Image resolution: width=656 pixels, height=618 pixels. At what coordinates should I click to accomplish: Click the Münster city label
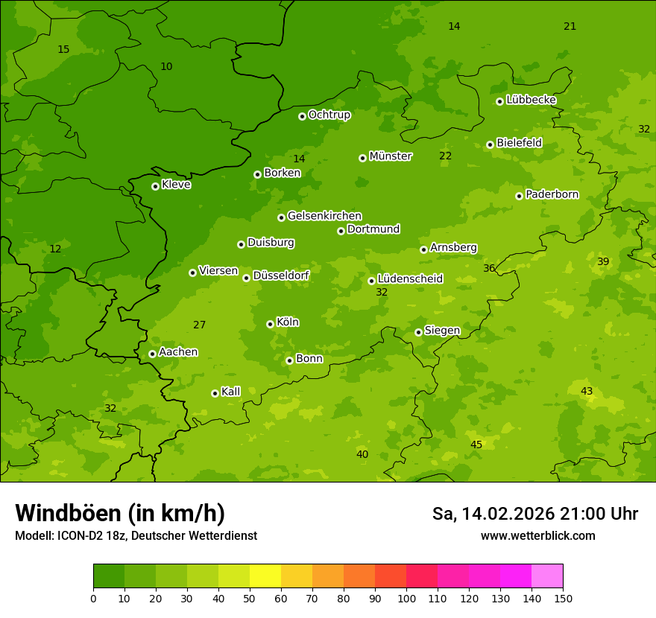pyautogui.click(x=391, y=156)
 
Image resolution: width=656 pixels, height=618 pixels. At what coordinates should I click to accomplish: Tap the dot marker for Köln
pyautogui.click(x=270, y=324)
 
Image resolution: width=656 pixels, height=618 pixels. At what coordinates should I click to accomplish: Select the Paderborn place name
pyautogui.click(x=552, y=194)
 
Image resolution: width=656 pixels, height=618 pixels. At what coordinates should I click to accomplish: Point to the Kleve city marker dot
pyautogui.click(x=155, y=186)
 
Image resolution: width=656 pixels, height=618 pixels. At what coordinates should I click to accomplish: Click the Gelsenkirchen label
pyautogui.click(x=324, y=216)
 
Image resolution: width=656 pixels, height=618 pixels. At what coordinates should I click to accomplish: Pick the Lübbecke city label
pyautogui.click(x=531, y=100)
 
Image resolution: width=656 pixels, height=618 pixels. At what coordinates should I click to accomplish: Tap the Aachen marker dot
pyautogui.click(x=152, y=354)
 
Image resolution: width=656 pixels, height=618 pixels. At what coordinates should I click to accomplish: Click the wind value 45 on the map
pyautogui.click(x=476, y=445)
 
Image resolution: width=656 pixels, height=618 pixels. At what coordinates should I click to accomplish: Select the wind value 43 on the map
pyautogui.click(x=587, y=391)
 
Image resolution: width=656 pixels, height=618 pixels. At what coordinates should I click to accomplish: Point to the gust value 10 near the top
pyautogui.click(x=166, y=66)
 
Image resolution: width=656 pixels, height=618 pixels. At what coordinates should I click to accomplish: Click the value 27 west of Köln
pyautogui.click(x=199, y=325)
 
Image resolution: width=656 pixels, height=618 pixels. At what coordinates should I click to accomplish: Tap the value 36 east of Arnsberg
pyautogui.click(x=489, y=268)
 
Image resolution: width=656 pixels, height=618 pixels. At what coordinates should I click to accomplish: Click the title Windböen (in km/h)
pyautogui.click(x=120, y=513)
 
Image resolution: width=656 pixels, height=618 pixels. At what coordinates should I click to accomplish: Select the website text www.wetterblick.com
pyautogui.click(x=538, y=535)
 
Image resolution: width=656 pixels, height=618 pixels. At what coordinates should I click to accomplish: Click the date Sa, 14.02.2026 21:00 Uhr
pyautogui.click(x=535, y=514)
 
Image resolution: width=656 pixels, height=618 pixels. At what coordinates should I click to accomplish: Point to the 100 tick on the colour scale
pyautogui.click(x=406, y=598)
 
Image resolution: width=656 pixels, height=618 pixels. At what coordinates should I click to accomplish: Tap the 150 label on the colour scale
pyautogui.click(x=563, y=598)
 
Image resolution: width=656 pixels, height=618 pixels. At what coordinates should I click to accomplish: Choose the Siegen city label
pyautogui.click(x=442, y=331)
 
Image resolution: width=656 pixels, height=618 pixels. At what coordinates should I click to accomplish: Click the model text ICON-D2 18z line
pyautogui.click(x=136, y=535)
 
